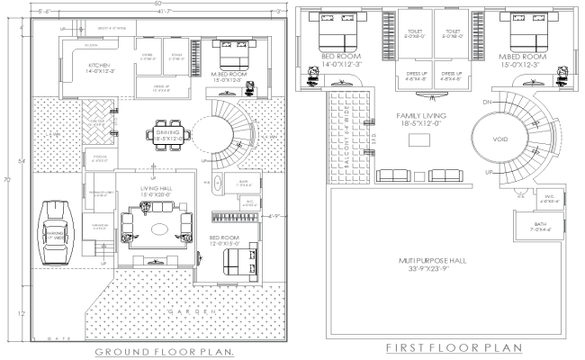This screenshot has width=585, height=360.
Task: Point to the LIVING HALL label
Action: click(x=156, y=191)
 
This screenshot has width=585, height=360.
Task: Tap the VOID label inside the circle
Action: click(x=503, y=140)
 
